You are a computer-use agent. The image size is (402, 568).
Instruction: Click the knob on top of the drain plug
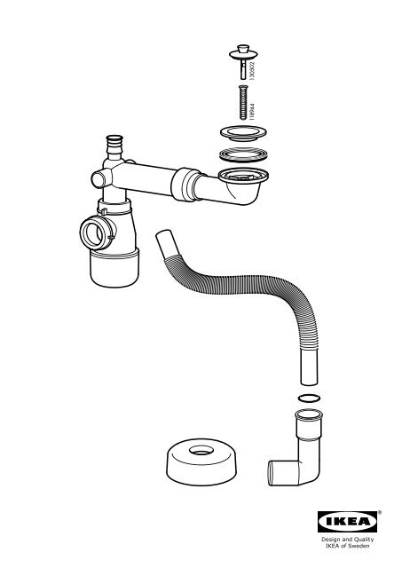tap(243, 49)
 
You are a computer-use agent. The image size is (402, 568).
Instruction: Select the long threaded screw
tap(243, 102)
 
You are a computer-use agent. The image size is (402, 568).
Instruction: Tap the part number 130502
tap(252, 71)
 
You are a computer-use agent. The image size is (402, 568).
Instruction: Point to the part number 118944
tap(252, 112)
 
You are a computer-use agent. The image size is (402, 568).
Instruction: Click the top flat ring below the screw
tap(243, 132)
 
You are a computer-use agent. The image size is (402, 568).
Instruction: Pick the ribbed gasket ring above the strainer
tap(243, 155)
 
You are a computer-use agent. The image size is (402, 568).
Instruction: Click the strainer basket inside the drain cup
tap(243, 177)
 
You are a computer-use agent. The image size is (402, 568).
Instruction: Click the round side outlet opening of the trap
tap(92, 233)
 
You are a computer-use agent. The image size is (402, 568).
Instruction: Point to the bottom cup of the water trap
tap(114, 268)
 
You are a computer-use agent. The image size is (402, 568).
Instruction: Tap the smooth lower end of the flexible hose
tap(309, 367)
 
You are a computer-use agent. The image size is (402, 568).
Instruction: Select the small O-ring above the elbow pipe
tap(309, 398)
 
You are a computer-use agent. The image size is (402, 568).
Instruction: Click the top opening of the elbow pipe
tap(309, 414)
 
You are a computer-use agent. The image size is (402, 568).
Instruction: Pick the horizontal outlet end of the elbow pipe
tap(278, 472)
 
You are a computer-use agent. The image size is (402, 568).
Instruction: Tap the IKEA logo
tap(347, 522)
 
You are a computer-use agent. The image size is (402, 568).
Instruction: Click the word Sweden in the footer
tap(359, 546)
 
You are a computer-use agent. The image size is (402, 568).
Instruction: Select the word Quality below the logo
tap(364, 540)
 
